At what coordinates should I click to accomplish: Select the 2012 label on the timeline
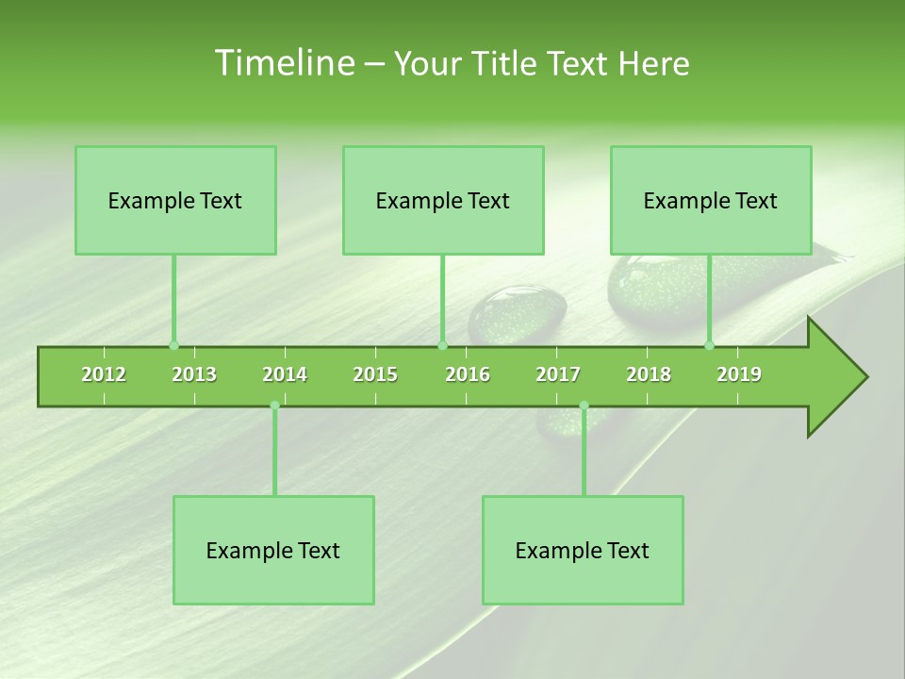click(104, 374)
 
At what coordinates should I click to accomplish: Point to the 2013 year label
click(194, 374)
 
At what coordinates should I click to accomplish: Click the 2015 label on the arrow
click(375, 374)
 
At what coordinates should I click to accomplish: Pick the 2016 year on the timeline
click(468, 374)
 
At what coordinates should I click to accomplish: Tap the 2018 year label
click(649, 374)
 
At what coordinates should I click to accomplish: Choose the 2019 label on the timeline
click(739, 374)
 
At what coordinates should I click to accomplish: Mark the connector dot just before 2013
click(173, 345)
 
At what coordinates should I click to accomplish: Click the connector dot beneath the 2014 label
click(274, 406)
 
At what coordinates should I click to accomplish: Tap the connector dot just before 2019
click(709, 345)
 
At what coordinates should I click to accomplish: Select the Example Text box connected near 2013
click(175, 200)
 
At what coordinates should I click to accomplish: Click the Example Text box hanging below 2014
click(273, 550)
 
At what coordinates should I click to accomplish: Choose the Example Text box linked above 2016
click(443, 200)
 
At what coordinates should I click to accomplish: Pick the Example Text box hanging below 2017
click(583, 550)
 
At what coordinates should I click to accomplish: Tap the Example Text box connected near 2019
click(711, 200)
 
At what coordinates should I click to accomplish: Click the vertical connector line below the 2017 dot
click(584, 453)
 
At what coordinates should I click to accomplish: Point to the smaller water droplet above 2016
click(518, 314)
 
